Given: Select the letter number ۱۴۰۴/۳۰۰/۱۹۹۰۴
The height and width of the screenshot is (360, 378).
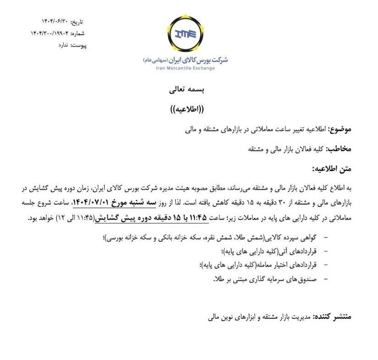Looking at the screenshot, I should tap(49, 33).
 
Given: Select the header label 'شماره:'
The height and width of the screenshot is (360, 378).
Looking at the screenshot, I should tap(77, 33).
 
